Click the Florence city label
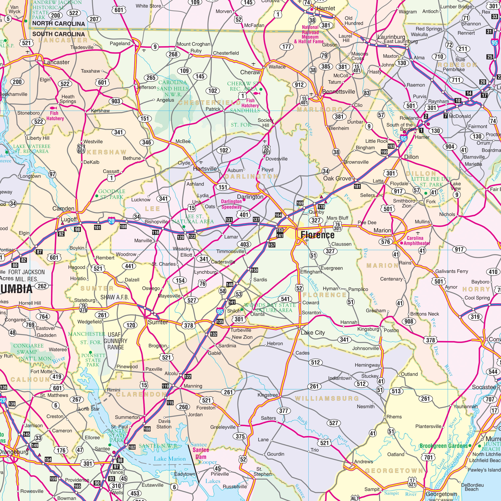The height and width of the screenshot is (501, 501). click(x=317, y=235)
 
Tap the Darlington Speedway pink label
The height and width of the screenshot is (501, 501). click(x=231, y=204)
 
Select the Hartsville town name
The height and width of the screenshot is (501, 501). click(x=205, y=169)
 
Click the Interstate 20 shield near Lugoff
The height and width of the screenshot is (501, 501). click(x=111, y=221)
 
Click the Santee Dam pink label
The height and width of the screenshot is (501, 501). click(x=201, y=453)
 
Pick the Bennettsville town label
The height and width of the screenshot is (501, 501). click(x=338, y=92)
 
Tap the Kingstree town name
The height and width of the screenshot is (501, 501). click(x=268, y=395)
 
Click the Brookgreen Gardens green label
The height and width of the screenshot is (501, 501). click(x=443, y=446)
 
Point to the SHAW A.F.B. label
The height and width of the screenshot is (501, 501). click(x=115, y=297)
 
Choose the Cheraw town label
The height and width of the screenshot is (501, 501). click(x=250, y=72)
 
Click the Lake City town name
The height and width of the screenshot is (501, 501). click(x=313, y=333)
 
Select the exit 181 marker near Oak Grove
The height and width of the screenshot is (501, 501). click(x=357, y=186)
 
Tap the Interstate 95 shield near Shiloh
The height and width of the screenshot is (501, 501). click(x=220, y=311)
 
